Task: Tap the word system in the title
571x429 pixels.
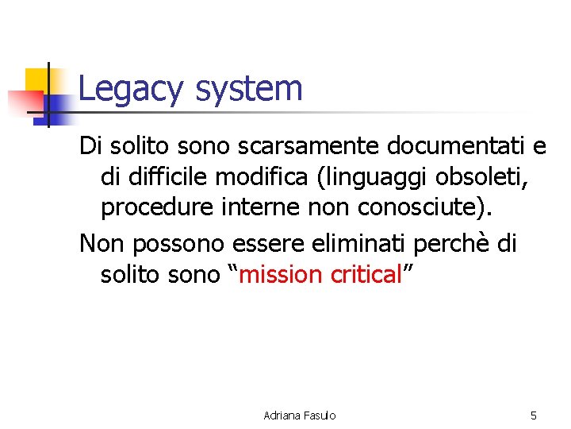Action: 248,89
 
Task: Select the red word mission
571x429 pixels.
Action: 280,274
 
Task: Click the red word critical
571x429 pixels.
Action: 366,274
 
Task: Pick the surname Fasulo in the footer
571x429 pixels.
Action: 317,415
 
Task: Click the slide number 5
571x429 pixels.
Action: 533,415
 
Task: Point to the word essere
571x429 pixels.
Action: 282,243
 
